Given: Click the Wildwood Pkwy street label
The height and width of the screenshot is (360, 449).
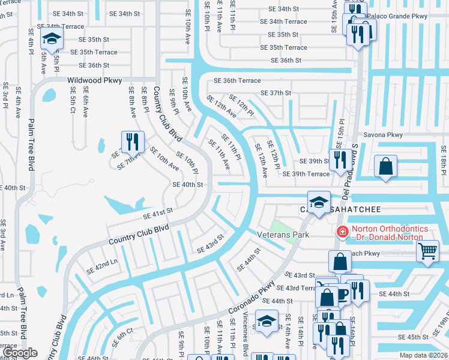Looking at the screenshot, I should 95,80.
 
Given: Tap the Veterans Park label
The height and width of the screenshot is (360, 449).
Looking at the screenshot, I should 283,235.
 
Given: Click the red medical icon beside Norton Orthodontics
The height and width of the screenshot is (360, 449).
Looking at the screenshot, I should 342,231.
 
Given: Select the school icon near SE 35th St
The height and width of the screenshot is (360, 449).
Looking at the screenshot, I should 52,40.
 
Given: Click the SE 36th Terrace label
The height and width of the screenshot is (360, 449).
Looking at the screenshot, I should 238,80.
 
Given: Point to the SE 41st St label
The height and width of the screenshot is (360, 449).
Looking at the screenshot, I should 158,211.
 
